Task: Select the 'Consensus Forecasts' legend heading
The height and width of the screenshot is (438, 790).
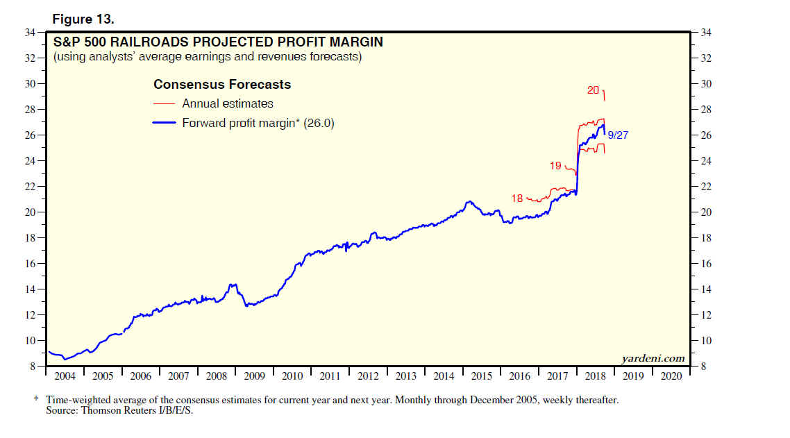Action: click(x=221, y=85)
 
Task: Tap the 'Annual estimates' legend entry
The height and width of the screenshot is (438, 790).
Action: click(x=227, y=103)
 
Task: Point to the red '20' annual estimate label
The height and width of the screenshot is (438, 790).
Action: click(x=593, y=90)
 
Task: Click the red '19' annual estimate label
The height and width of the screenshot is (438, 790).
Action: click(x=555, y=166)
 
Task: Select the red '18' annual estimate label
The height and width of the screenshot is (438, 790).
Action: click(x=516, y=199)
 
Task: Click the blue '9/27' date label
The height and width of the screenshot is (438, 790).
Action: click(x=618, y=135)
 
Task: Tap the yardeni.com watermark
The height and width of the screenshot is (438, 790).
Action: click(x=653, y=358)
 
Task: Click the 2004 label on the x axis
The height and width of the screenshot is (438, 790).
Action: click(x=64, y=376)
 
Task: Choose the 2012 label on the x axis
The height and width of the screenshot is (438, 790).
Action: click(x=368, y=376)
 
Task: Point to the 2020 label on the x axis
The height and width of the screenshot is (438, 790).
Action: click(x=672, y=376)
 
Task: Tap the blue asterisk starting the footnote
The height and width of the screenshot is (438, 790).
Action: click(x=36, y=401)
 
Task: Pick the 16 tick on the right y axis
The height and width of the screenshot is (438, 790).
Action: click(x=707, y=264)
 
